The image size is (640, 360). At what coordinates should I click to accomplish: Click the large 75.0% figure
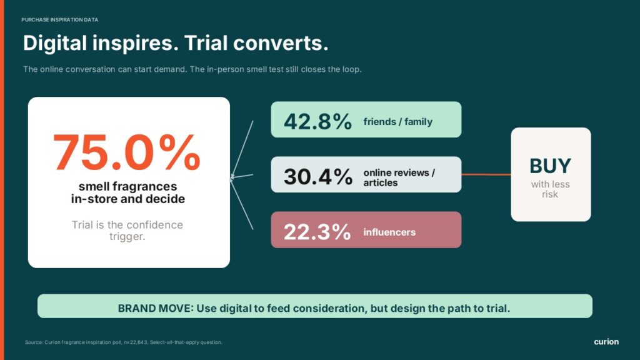tap(127, 152)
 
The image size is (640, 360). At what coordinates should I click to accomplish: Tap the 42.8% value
tap(317, 121)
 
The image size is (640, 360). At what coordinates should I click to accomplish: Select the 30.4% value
tap(318, 177)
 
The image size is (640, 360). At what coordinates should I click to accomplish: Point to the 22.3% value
tap(317, 232)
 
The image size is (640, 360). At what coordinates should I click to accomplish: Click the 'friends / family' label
tap(398, 122)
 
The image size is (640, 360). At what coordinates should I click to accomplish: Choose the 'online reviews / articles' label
tap(399, 177)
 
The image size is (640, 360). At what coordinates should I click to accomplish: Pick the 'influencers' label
tap(389, 232)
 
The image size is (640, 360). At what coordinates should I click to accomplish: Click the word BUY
tap(550, 166)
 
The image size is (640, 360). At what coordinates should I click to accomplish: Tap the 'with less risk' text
tap(550, 189)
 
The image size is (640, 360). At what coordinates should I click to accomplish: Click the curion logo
tap(606, 342)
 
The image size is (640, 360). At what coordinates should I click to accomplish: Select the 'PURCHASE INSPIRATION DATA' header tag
tap(59, 19)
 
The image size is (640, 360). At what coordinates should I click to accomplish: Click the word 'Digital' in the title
tap(55, 43)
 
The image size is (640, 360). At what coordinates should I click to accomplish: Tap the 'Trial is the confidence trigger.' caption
tap(127, 231)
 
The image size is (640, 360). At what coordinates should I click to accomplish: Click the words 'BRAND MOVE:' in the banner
tap(156, 308)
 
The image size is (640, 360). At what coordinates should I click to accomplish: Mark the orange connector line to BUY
tap(486, 174)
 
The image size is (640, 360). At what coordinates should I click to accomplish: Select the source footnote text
tap(124, 342)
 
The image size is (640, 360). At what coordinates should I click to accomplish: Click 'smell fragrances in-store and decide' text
tap(127, 192)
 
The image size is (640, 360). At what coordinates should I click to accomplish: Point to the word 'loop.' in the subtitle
tap(352, 69)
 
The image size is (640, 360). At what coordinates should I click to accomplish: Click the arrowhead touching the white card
tap(232, 177)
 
